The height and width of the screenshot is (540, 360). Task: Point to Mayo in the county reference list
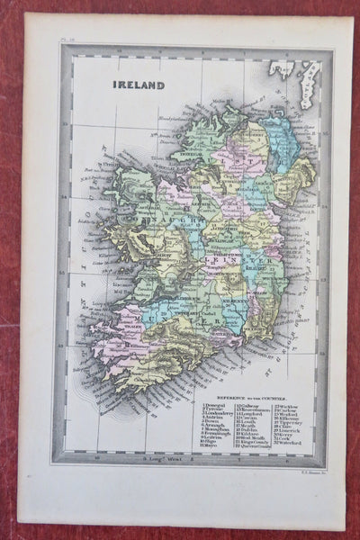[213, 444]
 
